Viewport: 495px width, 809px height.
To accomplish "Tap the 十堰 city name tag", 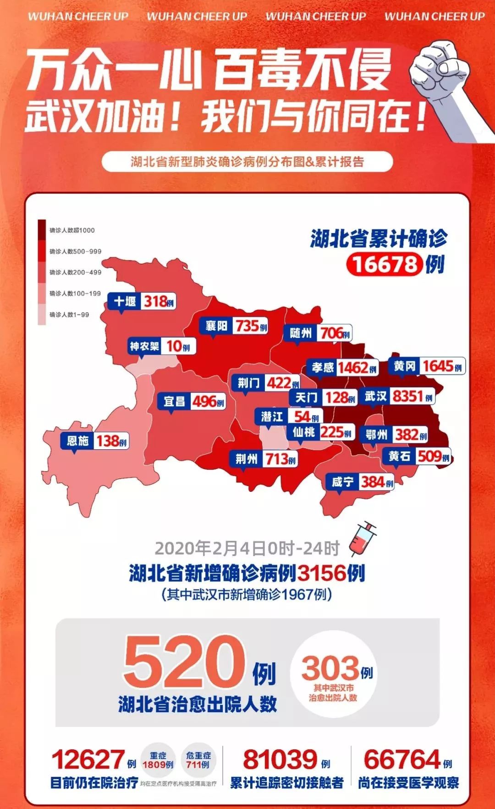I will pos(125,301).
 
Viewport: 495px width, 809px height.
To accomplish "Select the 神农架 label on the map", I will pos(144,346).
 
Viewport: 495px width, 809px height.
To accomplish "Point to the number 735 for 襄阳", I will pos(247,326).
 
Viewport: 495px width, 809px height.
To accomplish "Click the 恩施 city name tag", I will pos(77,441).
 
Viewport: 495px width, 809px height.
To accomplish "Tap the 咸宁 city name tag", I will pos(343,482).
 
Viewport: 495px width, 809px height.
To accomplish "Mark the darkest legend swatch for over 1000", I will pos(42,230).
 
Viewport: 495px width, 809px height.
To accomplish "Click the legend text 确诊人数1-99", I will pos(69,315).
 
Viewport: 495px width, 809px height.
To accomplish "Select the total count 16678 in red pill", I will pos(385,264).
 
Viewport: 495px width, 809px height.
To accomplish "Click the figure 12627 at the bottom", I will pos(88,759).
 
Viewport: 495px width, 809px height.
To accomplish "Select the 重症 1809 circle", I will pos(158,760).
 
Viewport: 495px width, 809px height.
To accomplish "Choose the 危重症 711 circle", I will pos(198,760).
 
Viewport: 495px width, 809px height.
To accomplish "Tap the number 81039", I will pos(280,759).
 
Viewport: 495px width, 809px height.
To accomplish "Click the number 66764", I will pos(401,759).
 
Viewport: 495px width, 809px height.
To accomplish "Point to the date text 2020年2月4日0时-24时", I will pos(247,548).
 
